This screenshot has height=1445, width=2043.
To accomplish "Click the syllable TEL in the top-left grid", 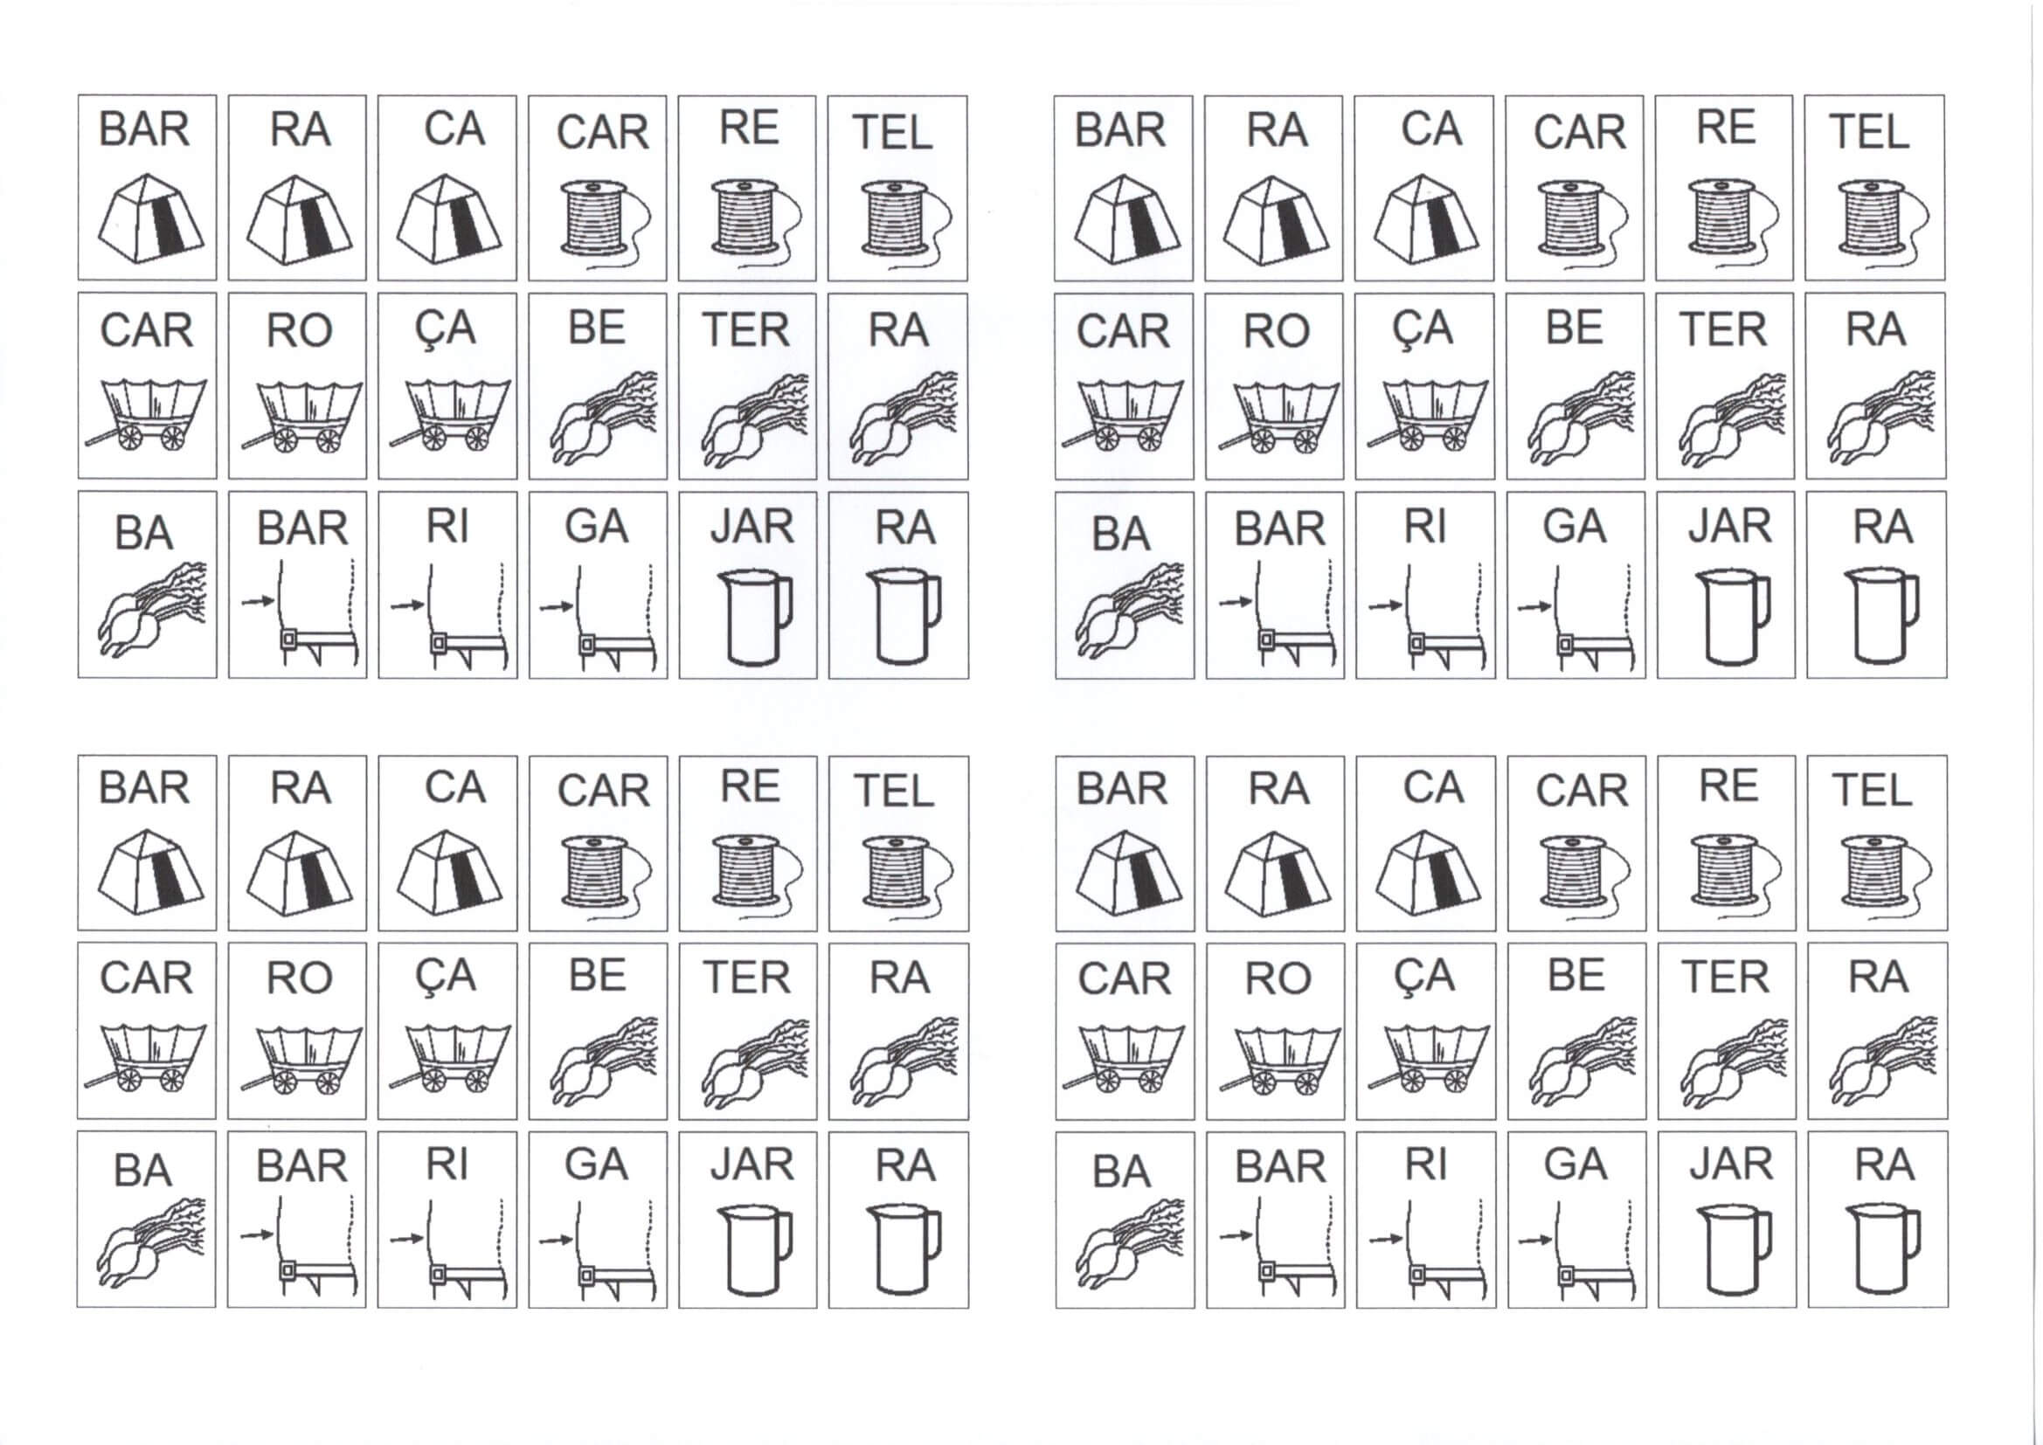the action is tap(892, 134).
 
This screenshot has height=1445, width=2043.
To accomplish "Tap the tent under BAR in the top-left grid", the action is tap(149, 218).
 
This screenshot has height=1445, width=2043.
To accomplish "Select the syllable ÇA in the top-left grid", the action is tap(445, 329).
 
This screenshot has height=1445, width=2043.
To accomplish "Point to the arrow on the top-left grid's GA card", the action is tap(556, 606).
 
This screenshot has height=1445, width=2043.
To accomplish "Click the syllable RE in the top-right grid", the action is tap(1726, 128).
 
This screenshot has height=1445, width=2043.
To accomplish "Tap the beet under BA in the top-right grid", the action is tap(1128, 611).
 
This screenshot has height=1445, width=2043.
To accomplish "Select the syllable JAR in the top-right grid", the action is tap(1731, 526).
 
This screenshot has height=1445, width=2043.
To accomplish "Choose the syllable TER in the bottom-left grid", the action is tap(746, 977).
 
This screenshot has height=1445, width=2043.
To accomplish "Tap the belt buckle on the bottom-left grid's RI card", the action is tap(438, 1274).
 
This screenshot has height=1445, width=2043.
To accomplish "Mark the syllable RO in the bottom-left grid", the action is tap(300, 978).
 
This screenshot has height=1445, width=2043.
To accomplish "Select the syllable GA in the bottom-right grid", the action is tap(1575, 1164).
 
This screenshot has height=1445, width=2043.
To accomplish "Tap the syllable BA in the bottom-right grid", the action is tap(1121, 1170).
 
